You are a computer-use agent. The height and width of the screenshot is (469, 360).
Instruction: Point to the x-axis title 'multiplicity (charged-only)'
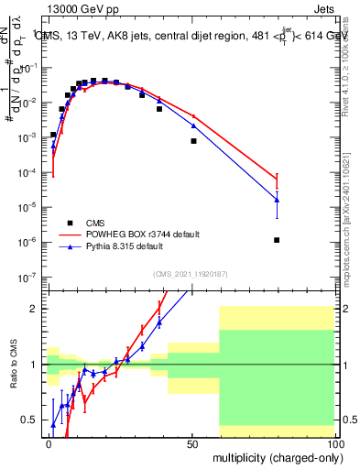[x=274, y=455]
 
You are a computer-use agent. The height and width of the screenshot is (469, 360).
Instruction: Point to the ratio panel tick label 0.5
[x=32, y=420]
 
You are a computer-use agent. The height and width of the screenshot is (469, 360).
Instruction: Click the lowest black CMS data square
[x=277, y=240]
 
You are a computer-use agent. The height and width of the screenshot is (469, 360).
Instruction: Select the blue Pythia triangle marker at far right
[x=277, y=200]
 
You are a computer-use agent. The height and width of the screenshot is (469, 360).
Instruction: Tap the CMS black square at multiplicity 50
[x=193, y=141]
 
